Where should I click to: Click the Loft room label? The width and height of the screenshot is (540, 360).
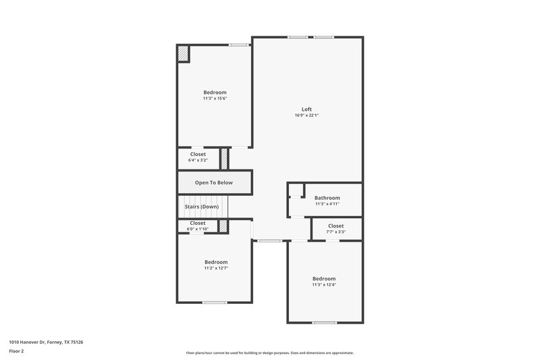(x=306, y=109)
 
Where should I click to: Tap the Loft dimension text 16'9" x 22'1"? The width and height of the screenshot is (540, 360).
(x=306, y=115)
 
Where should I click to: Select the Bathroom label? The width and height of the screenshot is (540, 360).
(x=327, y=198)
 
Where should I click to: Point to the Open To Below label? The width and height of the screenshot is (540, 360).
(x=214, y=182)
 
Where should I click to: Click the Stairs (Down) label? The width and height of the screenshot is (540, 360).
(x=202, y=206)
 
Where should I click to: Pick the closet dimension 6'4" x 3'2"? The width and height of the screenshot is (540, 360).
(x=198, y=160)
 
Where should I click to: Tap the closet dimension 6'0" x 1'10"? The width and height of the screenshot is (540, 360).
(x=198, y=229)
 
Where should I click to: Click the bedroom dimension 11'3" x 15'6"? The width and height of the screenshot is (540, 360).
(x=215, y=99)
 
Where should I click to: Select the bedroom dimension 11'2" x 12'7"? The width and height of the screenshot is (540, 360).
(x=216, y=268)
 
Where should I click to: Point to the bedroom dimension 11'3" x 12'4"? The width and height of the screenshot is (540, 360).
(x=323, y=284)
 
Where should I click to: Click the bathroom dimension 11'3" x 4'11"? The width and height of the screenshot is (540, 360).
(x=327, y=204)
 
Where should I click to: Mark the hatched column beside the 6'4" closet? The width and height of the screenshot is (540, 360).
(x=225, y=159)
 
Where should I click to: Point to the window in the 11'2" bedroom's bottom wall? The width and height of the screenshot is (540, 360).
(x=215, y=302)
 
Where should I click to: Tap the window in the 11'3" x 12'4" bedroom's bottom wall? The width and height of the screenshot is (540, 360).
(x=324, y=322)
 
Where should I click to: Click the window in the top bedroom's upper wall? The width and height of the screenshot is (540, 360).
(x=238, y=45)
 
